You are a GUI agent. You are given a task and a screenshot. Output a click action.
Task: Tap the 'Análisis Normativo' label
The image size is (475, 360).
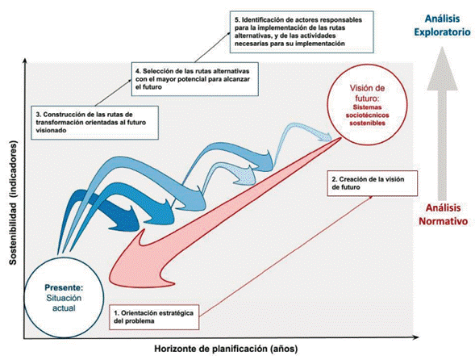(440, 214)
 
